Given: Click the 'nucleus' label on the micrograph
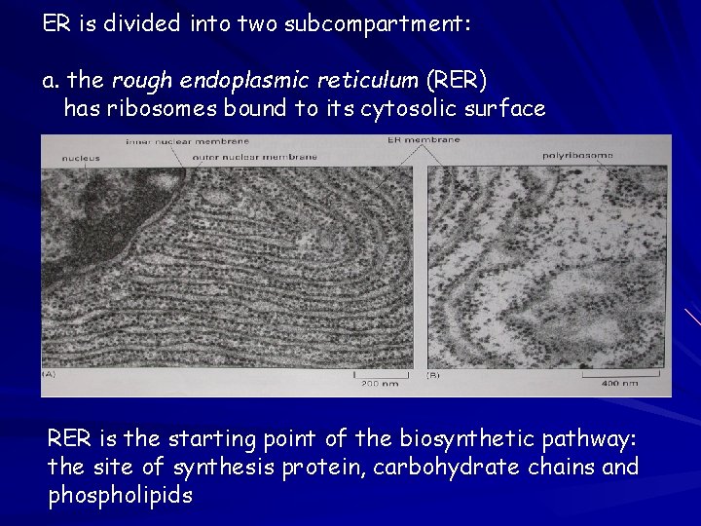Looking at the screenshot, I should click(x=80, y=157).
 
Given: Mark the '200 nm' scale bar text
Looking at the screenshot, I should click(x=376, y=384).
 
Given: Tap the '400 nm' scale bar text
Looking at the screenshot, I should click(x=619, y=384).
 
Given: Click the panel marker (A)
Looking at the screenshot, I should click(x=48, y=374).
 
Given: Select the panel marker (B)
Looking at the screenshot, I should click(x=434, y=374).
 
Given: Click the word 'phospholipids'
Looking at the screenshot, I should click(x=120, y=495).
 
